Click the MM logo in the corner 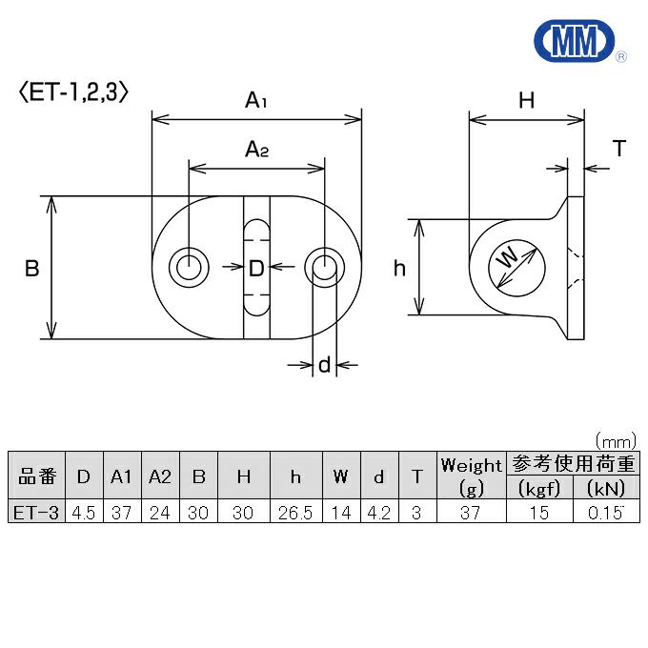pyautogui.click(x=576, y=40)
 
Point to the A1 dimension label pyautogui.click(x=256, y=99)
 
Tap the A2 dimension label pyautogui.click(x=256, y=149)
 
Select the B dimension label pyautogui.click(x=31, y=269)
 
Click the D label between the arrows pyautogui.click(x=256, y=269)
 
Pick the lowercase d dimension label pyautogui.click(x=324, y=364)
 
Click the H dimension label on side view pyautogui.click(x=526, y=99)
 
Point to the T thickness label pyautogui.click(x=619, y=149)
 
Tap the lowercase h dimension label pyautogui.click(x=400, y=269)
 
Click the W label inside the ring pyautogui.click(x=509, y=257)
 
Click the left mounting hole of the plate pyautogui.click(x=190, y=268)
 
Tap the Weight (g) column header pyautogui.click(x=471, y=476)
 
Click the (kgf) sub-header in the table pyautogui.click(x=538, y=489)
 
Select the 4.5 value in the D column pyautogui.click(x=84, y=513)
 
